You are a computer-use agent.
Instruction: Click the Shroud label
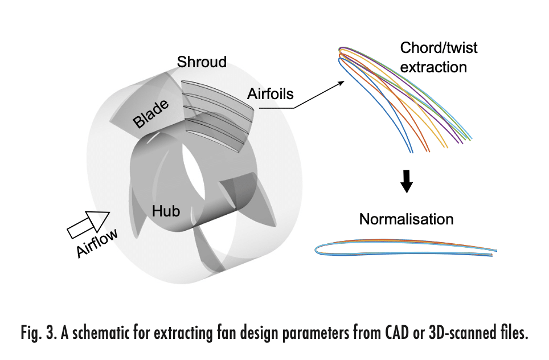coord(202,62)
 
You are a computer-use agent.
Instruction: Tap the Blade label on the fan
coord(151,114)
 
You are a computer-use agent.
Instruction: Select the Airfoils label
coord(271,94)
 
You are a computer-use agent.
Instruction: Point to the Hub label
coord(166,211)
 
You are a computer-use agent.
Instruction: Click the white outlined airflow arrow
coord(89,224)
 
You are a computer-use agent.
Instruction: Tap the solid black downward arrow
coord(407,181)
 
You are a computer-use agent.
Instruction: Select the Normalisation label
coord(406,219)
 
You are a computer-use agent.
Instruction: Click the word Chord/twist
coord(439,48)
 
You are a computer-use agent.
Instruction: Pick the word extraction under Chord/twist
coord(433,67)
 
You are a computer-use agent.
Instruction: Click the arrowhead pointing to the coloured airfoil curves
coord(342,83)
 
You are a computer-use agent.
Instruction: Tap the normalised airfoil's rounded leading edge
coord(316,249)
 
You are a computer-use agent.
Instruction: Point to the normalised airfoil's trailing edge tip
coord(496,251)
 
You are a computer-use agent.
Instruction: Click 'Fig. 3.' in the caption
coord(39,332)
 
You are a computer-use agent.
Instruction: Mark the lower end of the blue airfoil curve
coord(412,152)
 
